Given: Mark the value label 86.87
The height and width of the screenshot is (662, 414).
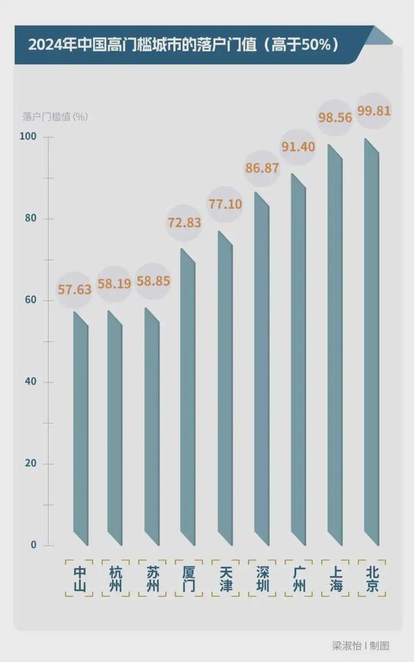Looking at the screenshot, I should click(262, 169).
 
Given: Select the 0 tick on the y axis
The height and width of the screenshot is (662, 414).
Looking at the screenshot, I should click(34, 545).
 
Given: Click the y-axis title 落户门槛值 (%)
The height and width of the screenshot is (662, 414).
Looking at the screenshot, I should click(55, 117).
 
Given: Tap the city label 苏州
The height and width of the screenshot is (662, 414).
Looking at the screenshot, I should click(152, 579).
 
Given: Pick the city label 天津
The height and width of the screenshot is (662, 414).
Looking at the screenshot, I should click(226, 579).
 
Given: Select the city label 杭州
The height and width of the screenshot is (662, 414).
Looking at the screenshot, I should click(116, 579).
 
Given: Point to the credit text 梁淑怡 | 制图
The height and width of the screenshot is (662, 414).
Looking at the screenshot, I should click(361, 645).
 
